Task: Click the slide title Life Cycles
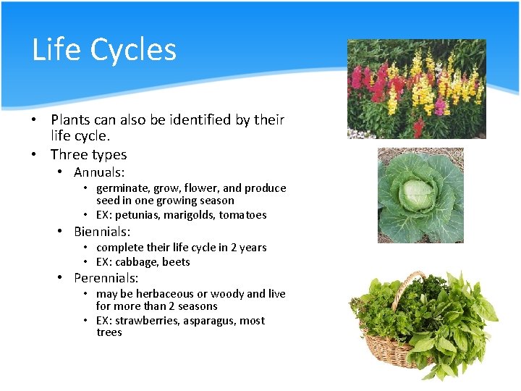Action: click(104, 50)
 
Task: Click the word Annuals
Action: click(99, 172)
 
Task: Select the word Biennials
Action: click(102, 232)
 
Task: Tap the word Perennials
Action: click(106, 278)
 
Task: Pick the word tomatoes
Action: click(242, 215)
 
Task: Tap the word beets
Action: click(176, 262)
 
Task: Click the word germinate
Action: click(121, 188)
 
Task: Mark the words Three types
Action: click(88, 154)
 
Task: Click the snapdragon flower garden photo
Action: click(416, 88)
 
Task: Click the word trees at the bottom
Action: click(109, 332)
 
